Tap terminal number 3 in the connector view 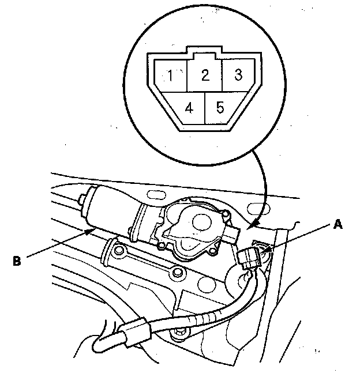tap(237, 74)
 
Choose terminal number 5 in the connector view tap(220, 108)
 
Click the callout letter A tap(337, 225)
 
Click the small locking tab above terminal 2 tap(204, 56)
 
